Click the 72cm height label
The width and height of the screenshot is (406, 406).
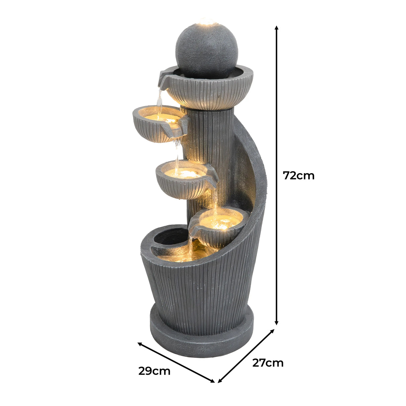pos(298,175)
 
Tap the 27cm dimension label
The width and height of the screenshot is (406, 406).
pos(268,363)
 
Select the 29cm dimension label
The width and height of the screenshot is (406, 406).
pos(154,371)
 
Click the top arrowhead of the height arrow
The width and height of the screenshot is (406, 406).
pos(276,28)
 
